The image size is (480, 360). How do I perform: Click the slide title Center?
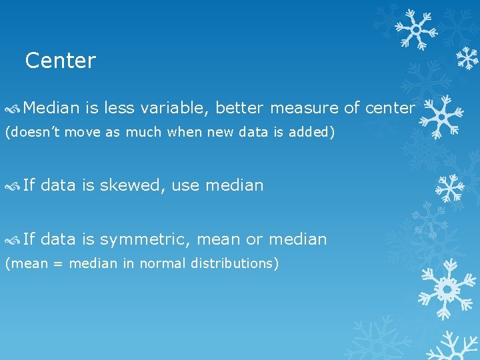click(x=61, y=61)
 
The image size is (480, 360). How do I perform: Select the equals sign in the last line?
click(x=58, y=264)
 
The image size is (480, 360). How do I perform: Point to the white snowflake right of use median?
click(x=449, y=188)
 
